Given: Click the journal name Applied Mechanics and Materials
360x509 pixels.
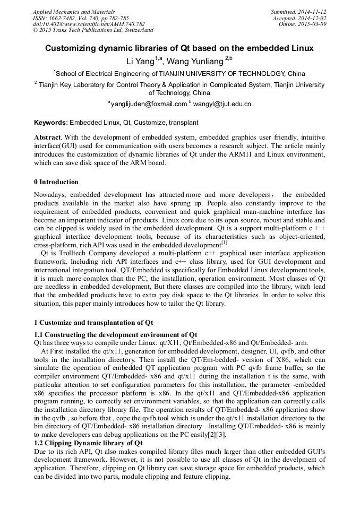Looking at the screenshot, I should tap(74, 12).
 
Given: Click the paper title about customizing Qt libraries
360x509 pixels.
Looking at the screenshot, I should tap(179, 48).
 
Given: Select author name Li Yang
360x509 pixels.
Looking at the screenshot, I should tap(140, 61).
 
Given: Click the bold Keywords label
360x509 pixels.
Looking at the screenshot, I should tap(51, 123).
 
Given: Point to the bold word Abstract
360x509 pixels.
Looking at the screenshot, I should tap(47, 137).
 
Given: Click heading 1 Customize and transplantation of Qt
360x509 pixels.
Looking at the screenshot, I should tap(93, 322).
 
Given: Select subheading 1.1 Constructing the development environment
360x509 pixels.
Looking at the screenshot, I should tap(115, 334).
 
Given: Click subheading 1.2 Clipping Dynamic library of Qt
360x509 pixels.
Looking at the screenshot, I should tap(88, 443).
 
